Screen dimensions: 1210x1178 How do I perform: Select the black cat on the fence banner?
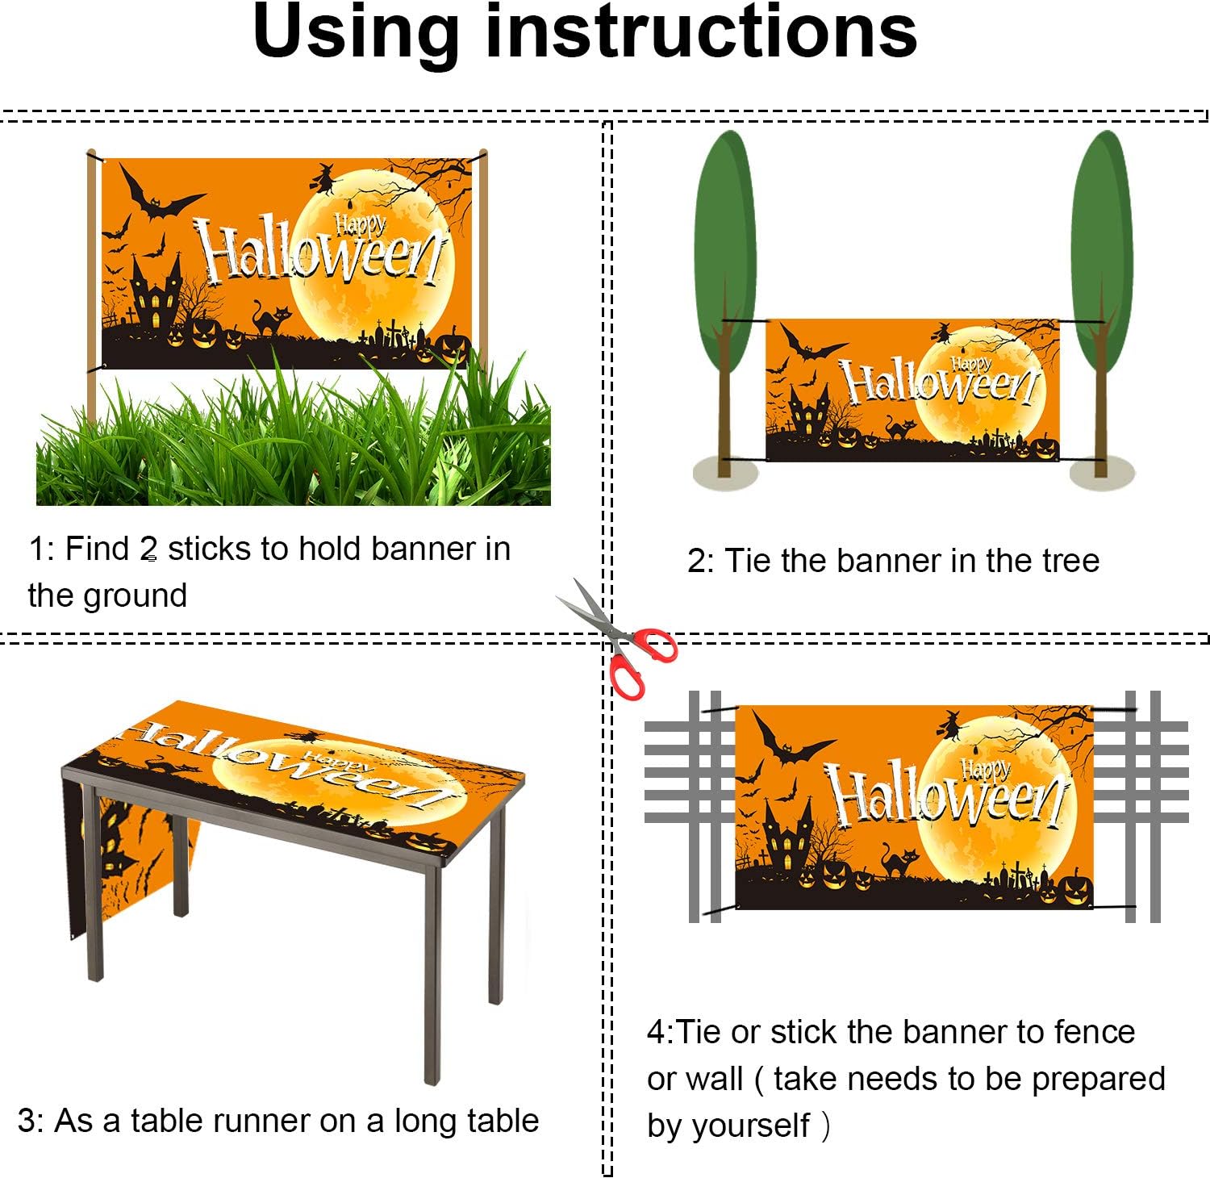coord(898,861)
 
